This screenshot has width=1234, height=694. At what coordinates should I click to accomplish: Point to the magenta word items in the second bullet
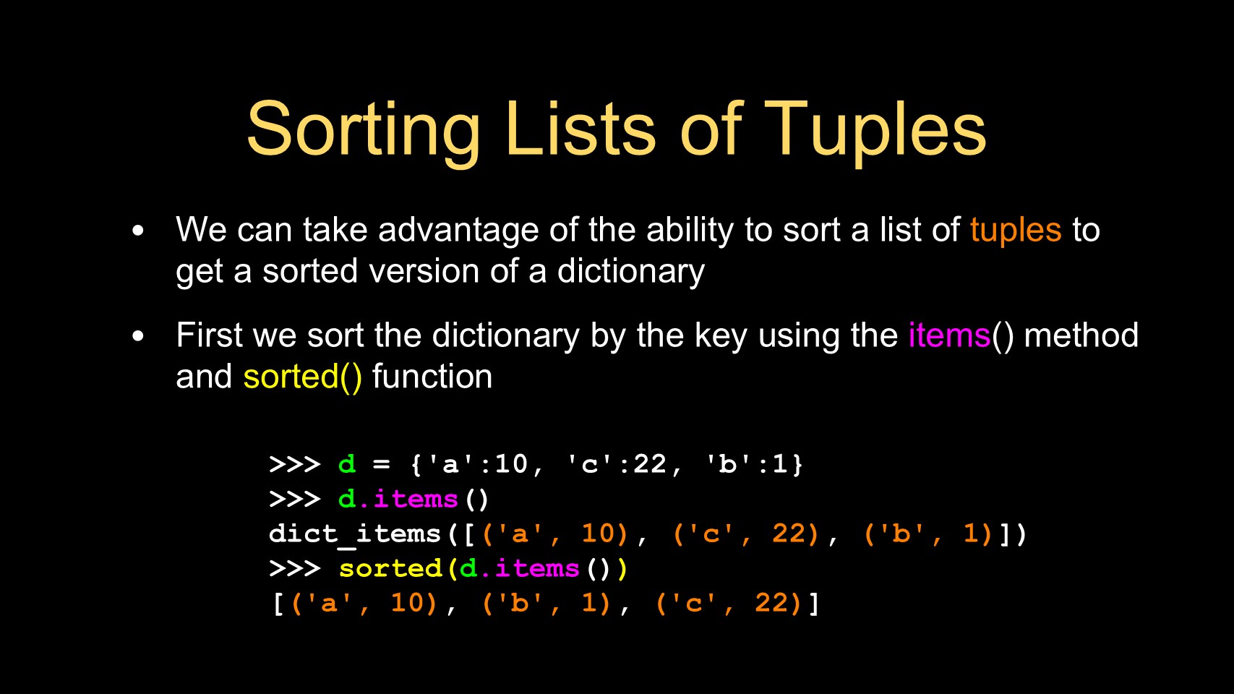949,335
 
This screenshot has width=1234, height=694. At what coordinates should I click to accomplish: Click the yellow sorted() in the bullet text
302,377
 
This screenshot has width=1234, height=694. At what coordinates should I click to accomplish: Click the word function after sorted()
432,377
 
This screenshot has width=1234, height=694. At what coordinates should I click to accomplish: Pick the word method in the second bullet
1081,335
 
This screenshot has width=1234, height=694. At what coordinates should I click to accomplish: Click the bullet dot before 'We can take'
138,230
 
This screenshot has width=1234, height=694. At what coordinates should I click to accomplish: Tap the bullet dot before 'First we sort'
138,335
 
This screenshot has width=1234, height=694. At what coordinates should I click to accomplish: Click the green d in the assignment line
346,464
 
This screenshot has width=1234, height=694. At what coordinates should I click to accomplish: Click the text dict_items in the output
355,534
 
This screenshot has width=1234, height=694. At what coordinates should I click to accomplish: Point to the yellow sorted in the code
390,568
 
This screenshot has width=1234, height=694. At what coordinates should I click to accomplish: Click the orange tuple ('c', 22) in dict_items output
746,534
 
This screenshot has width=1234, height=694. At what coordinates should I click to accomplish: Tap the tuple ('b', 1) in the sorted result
546,604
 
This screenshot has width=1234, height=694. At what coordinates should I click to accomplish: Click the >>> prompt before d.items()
295,500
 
